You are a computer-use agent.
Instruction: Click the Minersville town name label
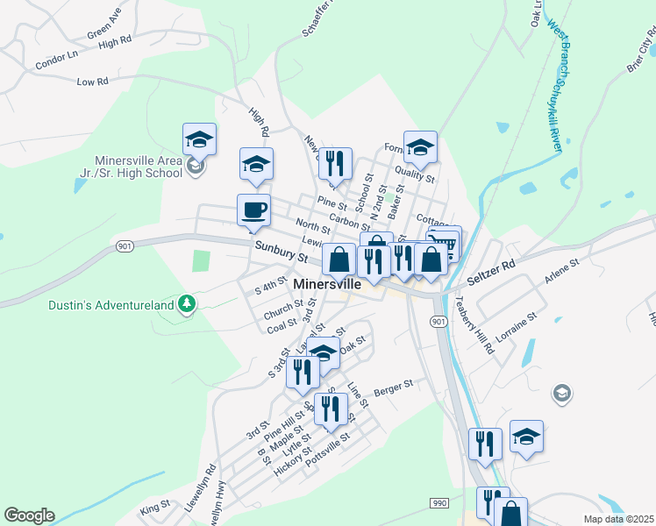coord(339,285)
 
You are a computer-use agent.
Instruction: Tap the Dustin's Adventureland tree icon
coord(185,304)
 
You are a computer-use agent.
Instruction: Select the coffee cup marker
coord(253,210)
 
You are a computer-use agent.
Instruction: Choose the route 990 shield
coord(439,503)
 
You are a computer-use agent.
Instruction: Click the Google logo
coord(29,515)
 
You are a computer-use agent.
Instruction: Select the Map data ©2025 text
coord(617,519)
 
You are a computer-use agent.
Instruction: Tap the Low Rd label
coord(92,82)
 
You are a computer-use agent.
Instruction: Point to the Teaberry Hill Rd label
coord(474,323)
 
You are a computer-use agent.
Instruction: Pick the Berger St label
coord(393,387)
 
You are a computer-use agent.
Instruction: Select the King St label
coord(154,507)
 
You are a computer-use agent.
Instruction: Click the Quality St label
coord(414,171)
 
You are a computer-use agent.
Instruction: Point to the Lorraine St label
coord(515,326)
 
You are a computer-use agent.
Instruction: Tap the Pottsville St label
coord(327,449)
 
